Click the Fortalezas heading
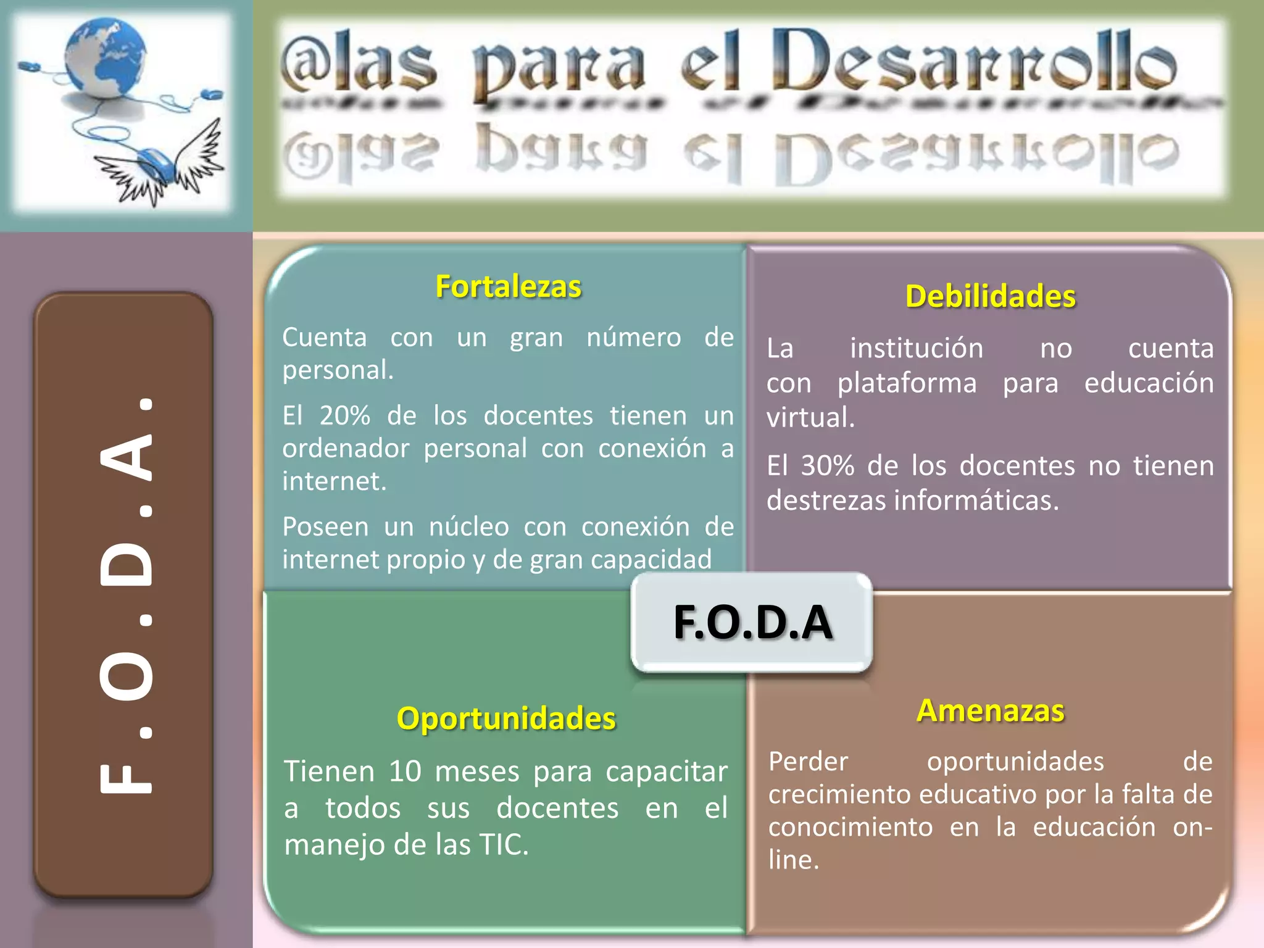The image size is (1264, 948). (508, 286)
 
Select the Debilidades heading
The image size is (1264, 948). (990, 296)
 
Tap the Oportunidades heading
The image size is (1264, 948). (506, 718)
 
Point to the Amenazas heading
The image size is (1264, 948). (991, 710)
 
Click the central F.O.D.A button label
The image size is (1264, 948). (752, 622)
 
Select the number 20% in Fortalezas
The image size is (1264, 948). (344, 415)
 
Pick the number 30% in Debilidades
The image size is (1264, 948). (828, 465)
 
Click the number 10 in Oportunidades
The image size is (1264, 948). (404, 771)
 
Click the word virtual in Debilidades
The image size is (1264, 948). (810, 418)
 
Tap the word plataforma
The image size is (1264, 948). (907, 383)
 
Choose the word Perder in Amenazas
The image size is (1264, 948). (808, 762)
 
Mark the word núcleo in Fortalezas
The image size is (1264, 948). (469, 527)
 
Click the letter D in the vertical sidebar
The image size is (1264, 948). (127, 564)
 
